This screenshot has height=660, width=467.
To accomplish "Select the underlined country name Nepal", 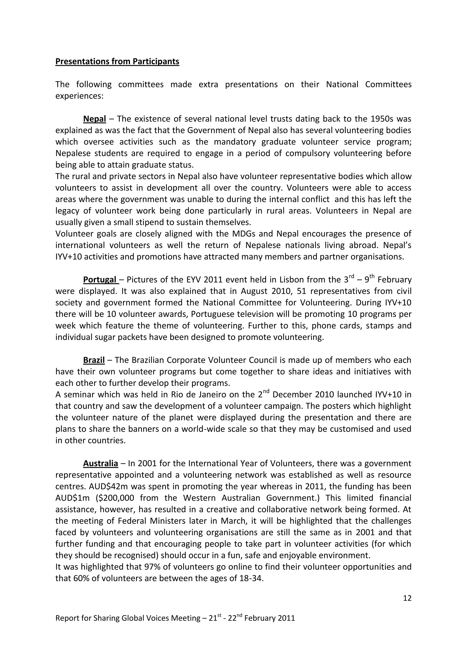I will point(94,119).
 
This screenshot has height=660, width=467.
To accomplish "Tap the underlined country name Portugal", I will point(100,279).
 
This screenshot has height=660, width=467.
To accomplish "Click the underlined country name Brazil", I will point(94,360).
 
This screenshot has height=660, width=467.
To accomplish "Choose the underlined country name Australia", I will point(100,463).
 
